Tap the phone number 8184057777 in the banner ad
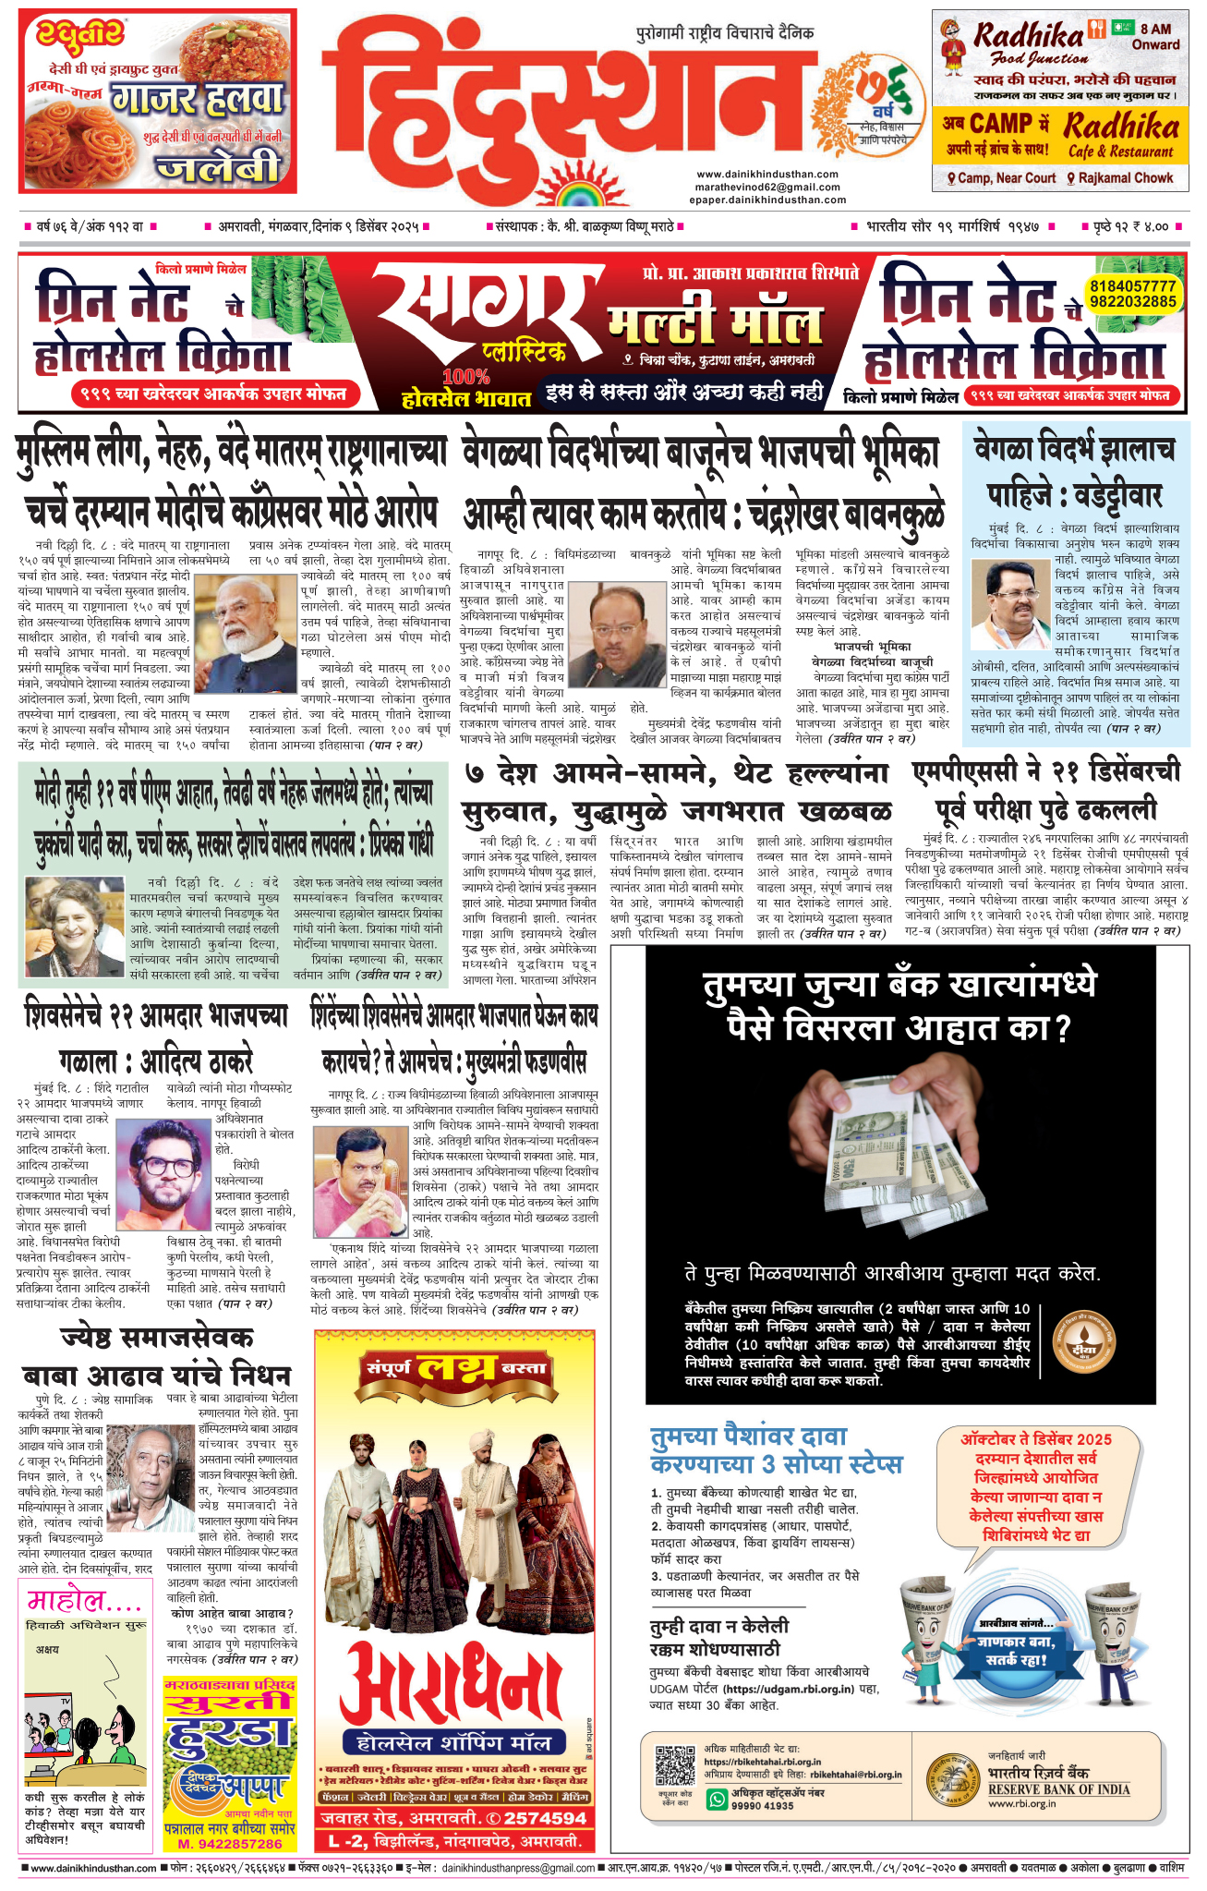[x=1132, y=286]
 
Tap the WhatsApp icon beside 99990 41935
[x=717, y=1799]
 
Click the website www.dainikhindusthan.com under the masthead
[x=767, y=174]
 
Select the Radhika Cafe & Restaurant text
[x=1120, y=135]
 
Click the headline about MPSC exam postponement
[x=1046, y=792]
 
